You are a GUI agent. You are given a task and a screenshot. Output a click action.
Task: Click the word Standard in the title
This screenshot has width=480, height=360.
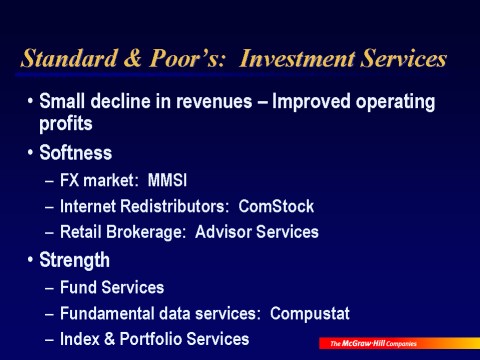69,58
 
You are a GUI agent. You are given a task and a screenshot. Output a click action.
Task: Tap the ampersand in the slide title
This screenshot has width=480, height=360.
133,58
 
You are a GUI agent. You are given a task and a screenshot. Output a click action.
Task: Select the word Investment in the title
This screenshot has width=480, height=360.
297,58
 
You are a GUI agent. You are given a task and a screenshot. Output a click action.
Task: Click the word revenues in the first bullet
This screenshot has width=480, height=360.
214,101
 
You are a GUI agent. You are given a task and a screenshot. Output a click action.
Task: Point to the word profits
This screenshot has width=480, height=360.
66,124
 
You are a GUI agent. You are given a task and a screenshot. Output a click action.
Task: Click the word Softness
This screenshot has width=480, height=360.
76,153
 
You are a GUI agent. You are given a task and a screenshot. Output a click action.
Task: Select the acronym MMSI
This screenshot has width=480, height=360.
167,180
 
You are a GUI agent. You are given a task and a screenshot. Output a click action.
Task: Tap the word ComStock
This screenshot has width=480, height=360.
276,206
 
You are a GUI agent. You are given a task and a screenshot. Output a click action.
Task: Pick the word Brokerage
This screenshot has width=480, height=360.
146,232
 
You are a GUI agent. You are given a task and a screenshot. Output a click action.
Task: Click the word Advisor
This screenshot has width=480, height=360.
223,232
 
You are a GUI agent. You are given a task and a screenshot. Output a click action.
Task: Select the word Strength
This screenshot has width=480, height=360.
74,260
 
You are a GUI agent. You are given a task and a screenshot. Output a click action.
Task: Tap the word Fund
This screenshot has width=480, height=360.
78,287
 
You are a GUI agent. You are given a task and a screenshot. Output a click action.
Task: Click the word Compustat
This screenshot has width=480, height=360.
310,314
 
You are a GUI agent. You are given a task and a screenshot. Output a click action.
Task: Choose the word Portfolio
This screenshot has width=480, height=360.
150,339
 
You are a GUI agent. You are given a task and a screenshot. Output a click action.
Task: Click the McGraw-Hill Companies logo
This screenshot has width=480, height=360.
399,343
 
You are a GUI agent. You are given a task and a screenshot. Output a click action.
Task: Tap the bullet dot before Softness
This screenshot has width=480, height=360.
31,152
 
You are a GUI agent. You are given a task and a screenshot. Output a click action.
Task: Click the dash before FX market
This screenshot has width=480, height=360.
49,181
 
